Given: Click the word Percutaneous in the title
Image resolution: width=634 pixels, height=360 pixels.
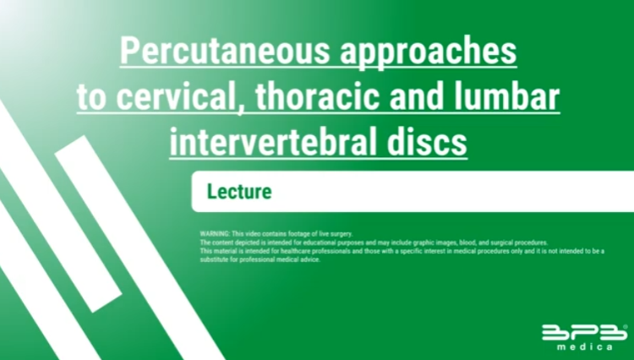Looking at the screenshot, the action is tap(225, 51).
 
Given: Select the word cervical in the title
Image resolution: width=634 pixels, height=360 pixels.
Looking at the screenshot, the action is tap(176, 96).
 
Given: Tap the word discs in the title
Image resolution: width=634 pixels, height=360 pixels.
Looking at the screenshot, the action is tap(427, 141).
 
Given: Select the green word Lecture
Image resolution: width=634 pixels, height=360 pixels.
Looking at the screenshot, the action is tap(239, 191).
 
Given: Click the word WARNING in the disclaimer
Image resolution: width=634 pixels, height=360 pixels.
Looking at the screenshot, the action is tap(215, 234).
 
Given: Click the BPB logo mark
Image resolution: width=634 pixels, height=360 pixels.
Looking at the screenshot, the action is tap(584, 332).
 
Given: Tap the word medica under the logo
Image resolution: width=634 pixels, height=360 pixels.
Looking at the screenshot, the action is tap(584, 346).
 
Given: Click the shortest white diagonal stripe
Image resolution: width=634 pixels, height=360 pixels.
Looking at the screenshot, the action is tap(88, 224).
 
